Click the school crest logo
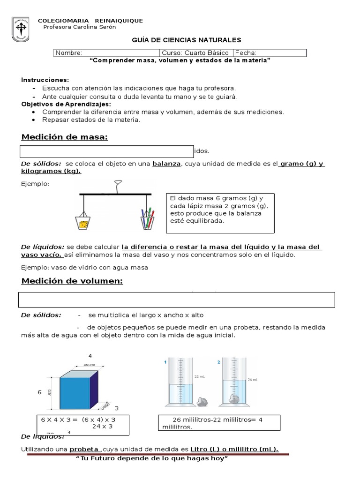(20, 30)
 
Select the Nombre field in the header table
(107, 53)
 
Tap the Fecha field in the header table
(270, 53)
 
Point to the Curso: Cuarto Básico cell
(196, 53)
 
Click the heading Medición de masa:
(65, 137)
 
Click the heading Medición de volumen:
(72, 281)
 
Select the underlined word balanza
(166, 164)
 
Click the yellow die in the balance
(83, 225)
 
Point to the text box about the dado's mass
(220, 213)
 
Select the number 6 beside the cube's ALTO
(40, 391)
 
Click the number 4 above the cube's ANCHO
(90, 356)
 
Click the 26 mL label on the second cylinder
(252, 379)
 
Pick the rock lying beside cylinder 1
(203, 401)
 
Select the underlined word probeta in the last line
(84, 449)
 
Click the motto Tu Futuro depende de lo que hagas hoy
(151, 458)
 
